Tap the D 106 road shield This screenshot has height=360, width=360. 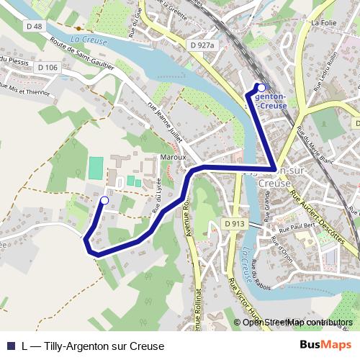pyautogui.click(x=48, y=68)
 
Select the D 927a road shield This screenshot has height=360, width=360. pyautogui.click(x=203, y=45)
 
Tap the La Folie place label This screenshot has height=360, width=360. pyautogui.click(x=324, y=22)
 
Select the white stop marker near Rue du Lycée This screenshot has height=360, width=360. pyautogui.click(x=104, y=200)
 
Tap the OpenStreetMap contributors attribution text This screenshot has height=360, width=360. pyautogui.click(x=297, y=322)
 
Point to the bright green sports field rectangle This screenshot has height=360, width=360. pyautogui.click(x=96, y=168)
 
